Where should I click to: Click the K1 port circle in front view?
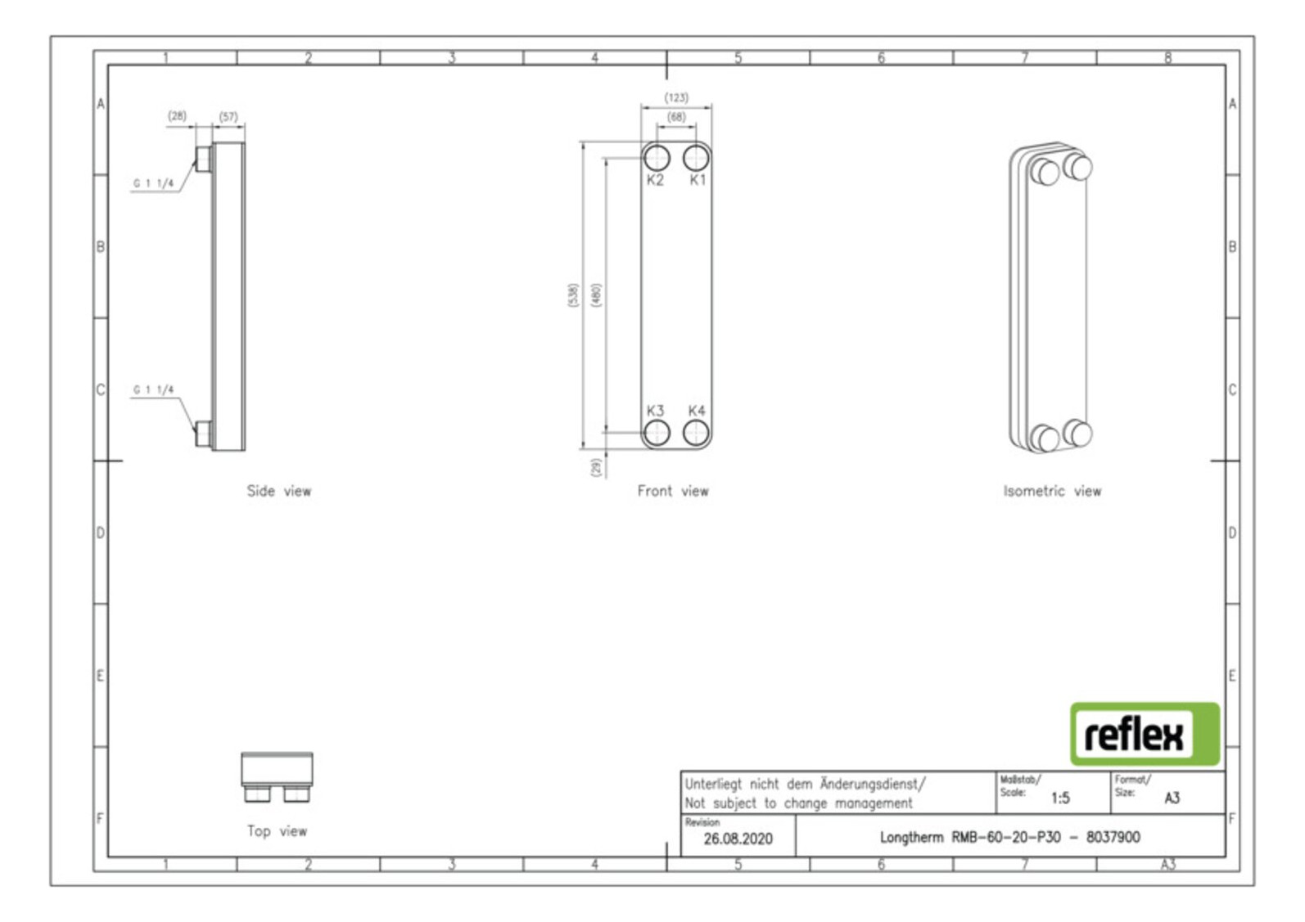tap(696, 157)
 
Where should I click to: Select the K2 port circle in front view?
tap(656, 157)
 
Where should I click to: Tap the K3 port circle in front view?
tap(656, 433)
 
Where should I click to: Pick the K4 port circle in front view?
tap(696, 433)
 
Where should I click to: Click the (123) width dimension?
tap(676, 97)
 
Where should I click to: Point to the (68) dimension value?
tap(676, 117)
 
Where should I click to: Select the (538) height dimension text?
tap(573, 295)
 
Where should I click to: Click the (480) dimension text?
tap(596, 295)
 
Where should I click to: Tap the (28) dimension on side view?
tap(177, 116)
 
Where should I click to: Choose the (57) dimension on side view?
tap(228, 117)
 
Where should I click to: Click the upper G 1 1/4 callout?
tap(154, 184)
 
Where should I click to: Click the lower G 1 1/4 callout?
tap(154, 390)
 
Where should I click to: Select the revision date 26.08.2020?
tap(738, 839)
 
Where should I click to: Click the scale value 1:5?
tap(1060, 798)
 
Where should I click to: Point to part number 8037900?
tap(1113, 838)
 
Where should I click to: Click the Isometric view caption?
tap(1052, 491)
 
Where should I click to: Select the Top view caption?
tap(277, 831)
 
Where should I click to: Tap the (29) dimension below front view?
tap(596, 466)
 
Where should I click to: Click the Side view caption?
tap(279, 491)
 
